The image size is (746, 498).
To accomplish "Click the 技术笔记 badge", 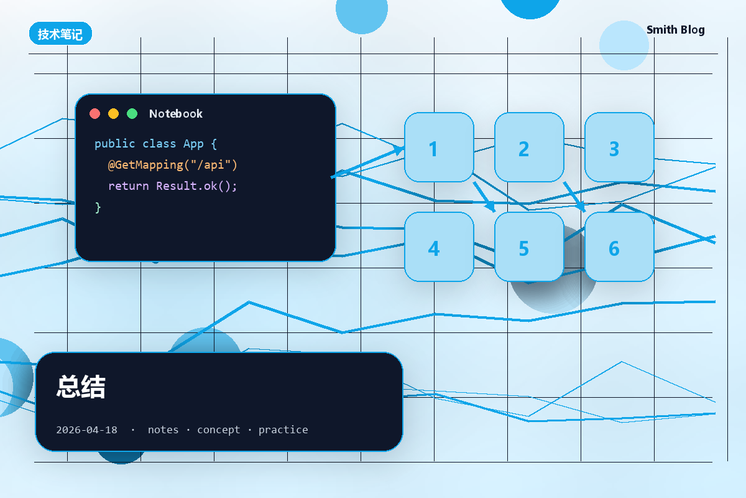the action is [61, 34].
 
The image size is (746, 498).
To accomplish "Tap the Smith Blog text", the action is [675, 30].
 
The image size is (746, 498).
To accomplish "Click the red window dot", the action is [95, 114].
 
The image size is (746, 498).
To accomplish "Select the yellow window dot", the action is [114, 114].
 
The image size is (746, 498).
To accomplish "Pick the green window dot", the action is [132, 114].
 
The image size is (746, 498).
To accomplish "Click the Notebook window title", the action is [176, 114].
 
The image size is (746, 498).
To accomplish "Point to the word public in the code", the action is [115, 144].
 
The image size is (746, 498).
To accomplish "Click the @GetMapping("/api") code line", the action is [173, 165].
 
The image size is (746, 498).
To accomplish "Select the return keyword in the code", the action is [129, 186].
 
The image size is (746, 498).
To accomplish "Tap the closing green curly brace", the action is [98, 207].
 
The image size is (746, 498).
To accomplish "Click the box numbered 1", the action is [439, 148].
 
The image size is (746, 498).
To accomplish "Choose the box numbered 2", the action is [529, 148].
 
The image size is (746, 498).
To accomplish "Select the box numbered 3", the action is [619, 148].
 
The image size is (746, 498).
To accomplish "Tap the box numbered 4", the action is [439, 247].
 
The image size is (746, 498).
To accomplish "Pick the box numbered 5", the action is [529, 247].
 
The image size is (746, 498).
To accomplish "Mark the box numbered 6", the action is [619, 247].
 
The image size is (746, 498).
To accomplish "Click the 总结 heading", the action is [81, 387].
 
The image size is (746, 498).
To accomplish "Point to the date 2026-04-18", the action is [86, 430].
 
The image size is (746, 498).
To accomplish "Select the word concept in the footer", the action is [218, 430].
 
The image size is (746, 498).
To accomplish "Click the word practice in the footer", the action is [283, 430].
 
